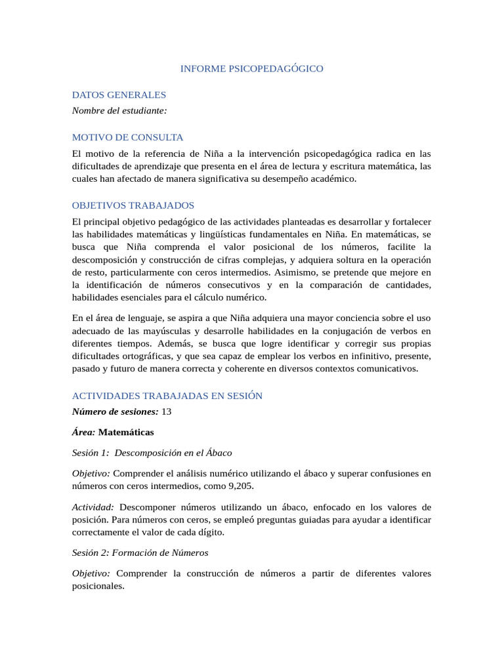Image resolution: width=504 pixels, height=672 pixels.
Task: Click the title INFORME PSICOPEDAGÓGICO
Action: (252, 68)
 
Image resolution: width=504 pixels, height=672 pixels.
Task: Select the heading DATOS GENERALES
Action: (119, 94)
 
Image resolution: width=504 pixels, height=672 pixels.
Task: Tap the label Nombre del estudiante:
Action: (119, 110)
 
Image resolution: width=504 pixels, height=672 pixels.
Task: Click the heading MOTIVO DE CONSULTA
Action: (127, 137)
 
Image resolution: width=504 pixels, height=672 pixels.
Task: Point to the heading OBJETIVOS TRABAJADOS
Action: (133, 205)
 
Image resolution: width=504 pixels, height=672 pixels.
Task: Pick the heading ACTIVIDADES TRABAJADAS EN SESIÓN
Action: (167, 396)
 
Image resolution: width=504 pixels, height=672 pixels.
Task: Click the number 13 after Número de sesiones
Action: (166, 411)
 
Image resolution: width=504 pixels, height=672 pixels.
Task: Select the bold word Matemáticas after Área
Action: (126, 432)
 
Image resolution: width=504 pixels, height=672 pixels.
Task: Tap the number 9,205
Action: (240, 486)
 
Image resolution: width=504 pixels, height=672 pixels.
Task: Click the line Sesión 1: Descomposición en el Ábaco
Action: (152, 453)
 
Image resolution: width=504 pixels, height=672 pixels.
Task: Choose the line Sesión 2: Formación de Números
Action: (140, 553)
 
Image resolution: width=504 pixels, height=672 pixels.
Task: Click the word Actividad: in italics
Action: (93, 507)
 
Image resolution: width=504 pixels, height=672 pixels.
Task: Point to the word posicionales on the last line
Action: (98, 586)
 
